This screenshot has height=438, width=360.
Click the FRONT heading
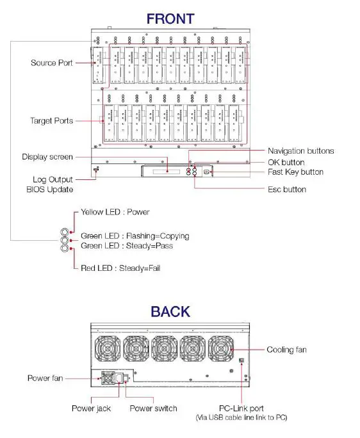coord(170,19)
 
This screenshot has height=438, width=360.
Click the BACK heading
coord(170,312)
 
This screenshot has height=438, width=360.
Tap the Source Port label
coord(51,63)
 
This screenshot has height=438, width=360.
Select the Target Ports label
coord(51,120)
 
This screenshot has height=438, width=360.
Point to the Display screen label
coord(47,157)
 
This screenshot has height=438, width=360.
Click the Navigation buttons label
coord(300,151)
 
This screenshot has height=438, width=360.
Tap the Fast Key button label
coord(295,172)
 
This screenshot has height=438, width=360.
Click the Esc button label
coord(287,190)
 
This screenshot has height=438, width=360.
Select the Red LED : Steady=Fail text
coord(120,268)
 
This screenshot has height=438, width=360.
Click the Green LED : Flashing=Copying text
coord(135,236)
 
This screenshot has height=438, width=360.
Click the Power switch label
coord(153,408)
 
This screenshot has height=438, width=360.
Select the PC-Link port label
coord(241,408)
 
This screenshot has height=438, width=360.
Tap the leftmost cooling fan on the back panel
coord(107,351)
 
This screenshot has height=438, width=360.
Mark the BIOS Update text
coord(49,190)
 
